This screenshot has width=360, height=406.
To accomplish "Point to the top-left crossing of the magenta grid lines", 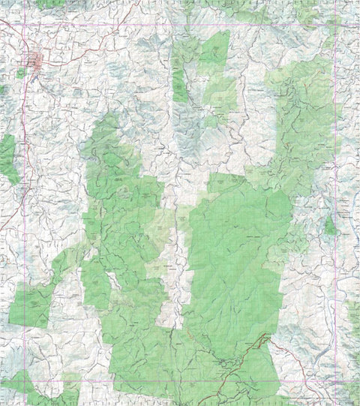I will [x=25, y=25].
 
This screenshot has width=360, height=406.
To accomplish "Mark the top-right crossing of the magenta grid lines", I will [x=334, y=25].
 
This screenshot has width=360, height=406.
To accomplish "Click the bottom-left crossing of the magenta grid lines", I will [x=25, y=382].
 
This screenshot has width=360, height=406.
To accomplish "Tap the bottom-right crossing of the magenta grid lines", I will [x=334, y=382].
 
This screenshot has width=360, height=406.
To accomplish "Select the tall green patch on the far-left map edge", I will [x=7, y=158].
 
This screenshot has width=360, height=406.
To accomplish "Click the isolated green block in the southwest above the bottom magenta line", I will [x=30, y=308].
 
